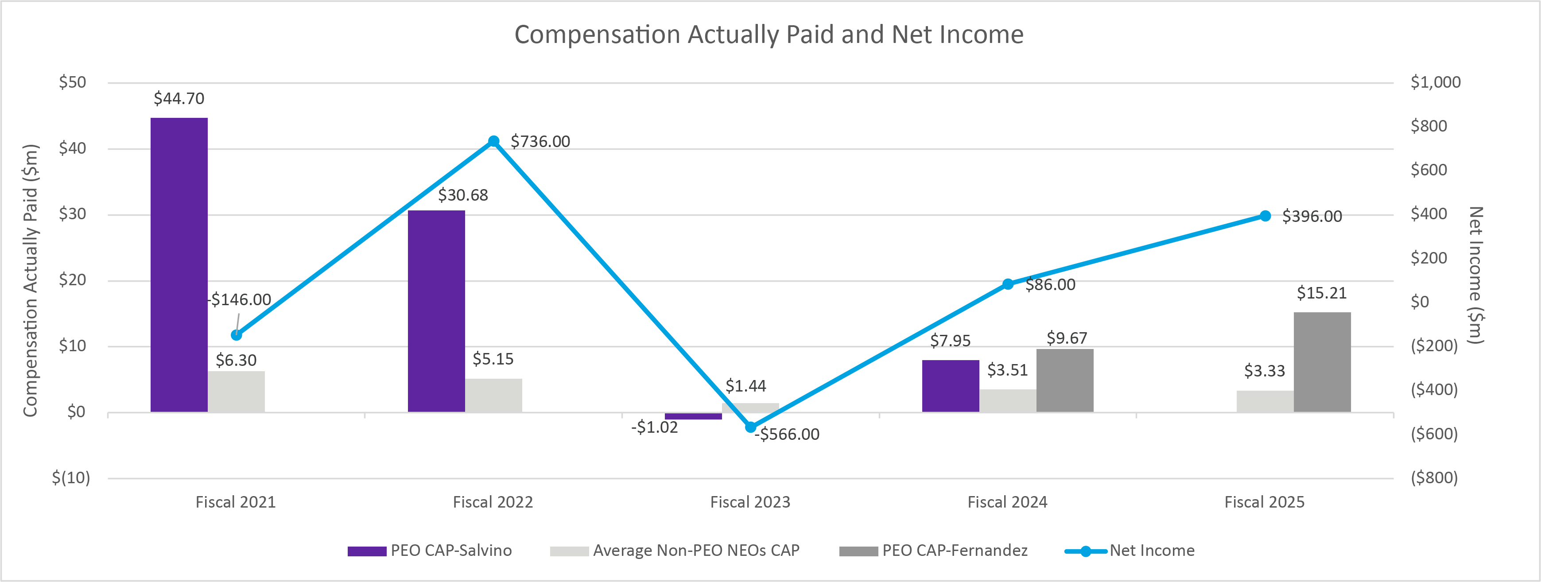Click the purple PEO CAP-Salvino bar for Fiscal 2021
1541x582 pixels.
[179, 264]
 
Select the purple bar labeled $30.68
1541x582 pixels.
[436, 311]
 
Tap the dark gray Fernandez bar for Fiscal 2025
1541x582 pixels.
[1322, 362]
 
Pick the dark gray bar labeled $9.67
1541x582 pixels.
[1065, 380]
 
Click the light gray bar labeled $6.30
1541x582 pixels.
[236, 392]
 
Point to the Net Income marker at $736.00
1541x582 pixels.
[493, 141]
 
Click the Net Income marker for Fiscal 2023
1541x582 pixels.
[751, 427]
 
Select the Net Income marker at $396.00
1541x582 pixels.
[1265, 216]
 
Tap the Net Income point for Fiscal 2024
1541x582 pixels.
[1008, 284]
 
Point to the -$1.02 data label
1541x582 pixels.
[654, 427]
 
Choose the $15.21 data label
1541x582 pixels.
[1321, 293]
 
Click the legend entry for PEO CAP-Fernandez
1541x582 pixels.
[954, 550]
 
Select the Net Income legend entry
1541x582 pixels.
[1152, 550]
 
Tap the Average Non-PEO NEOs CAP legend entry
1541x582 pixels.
[696, 550]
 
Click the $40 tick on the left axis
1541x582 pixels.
[72, 148]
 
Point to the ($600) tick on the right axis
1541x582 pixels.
[1434, 434]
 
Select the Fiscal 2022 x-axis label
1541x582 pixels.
[493, 502]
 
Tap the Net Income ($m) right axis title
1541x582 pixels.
[1476, 275]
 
